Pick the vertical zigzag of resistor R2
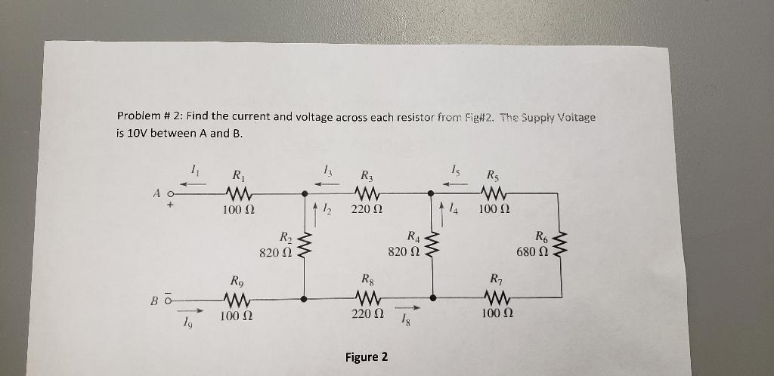pos(305,245)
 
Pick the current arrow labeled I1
pos(196,181)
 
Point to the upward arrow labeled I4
pos(443,207)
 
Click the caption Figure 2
pos(366,356)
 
